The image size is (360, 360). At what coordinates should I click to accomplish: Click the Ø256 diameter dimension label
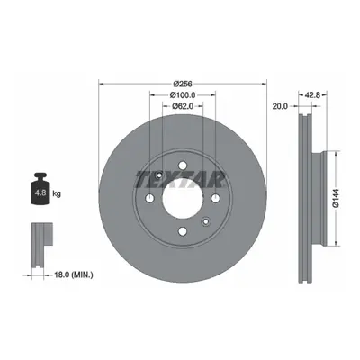(183, 84)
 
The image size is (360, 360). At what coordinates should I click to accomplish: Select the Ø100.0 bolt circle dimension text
(183, 95)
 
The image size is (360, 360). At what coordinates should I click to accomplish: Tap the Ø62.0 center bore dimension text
(183, 106)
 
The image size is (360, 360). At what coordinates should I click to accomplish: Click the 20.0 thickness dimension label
(280, 106)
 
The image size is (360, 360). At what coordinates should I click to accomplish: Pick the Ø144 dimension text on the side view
(336, 198)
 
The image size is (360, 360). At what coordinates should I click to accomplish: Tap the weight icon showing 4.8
(40, 189)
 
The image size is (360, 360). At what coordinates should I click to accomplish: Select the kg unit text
(57, 193)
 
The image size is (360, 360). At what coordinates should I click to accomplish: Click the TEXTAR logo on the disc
(181, 179)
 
